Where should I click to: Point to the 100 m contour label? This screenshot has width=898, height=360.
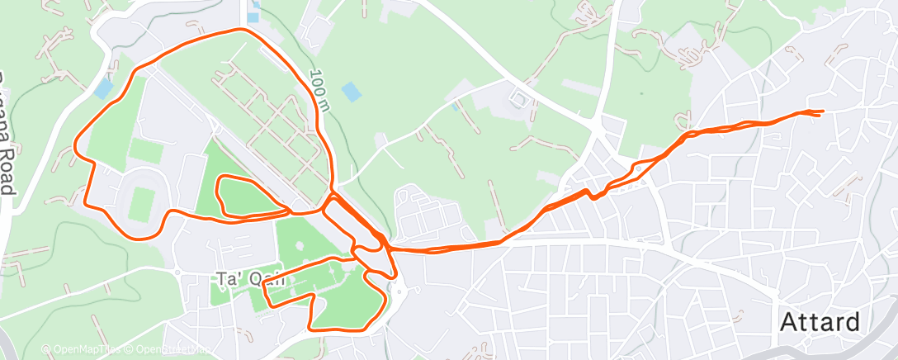319,90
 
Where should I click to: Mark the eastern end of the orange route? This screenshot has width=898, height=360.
822,112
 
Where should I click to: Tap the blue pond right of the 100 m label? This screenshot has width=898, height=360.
351,92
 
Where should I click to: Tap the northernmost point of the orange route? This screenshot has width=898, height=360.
239,30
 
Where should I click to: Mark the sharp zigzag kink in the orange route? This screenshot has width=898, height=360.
594,195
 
